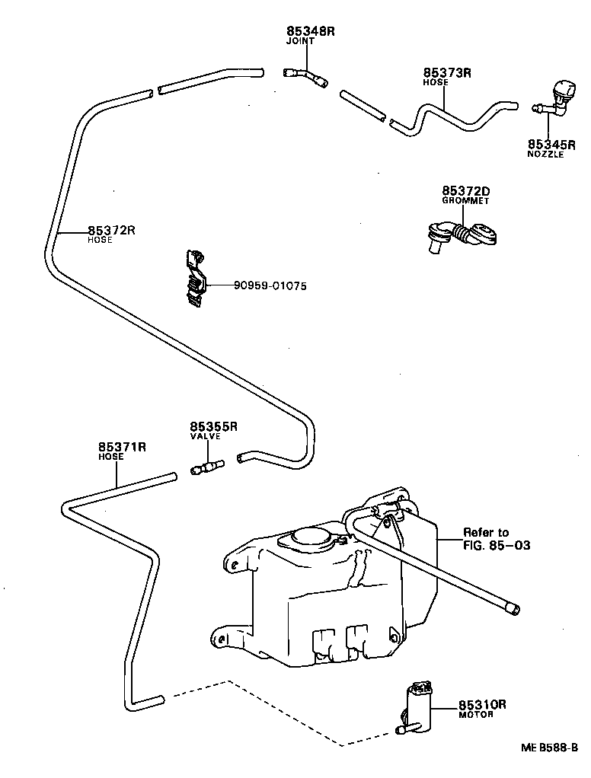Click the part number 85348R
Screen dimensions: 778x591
[311, 31]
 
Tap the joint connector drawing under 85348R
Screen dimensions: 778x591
[305, 75]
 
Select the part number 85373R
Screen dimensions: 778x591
[448, 73]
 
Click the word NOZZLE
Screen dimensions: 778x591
[545, 155]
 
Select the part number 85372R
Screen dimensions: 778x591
[111, 230]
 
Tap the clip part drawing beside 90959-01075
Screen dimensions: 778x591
[195, 279]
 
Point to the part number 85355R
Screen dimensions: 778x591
[214, 426]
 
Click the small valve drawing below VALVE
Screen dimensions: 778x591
[207, 467]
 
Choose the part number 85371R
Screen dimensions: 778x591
[122, 447]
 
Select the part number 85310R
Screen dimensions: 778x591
[482, 704]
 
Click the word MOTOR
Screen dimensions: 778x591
[476, 715]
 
